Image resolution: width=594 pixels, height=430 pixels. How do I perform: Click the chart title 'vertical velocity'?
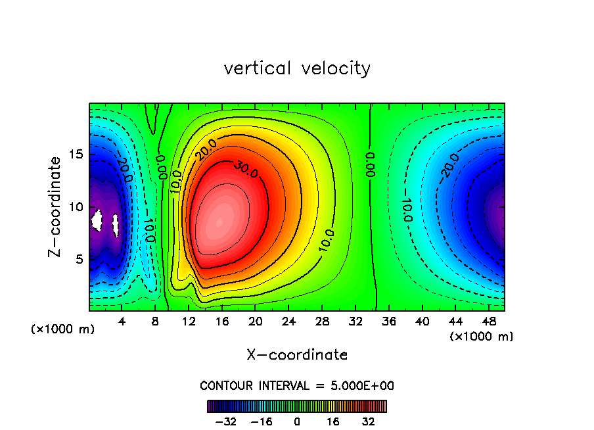click(x=297, y=68)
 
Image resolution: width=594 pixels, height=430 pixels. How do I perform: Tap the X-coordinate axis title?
click(x=297, y=355)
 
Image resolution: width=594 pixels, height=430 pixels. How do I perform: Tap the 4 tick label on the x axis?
click(x=122, y=322)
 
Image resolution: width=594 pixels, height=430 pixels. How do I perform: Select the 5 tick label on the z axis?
click(x=80, y=259)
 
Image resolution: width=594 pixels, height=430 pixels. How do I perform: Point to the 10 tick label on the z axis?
click(x=77, y=207)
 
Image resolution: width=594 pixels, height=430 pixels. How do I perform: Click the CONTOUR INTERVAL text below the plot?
click(x=297, y=385)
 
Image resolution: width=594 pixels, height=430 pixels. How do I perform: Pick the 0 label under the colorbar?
click(x=297, y=421)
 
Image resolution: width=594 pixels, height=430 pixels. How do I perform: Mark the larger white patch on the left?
click(x=98, y=219)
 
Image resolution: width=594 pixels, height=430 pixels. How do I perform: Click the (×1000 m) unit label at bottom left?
click(x=62, y=329)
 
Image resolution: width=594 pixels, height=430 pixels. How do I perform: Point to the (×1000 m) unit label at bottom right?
click(x=482, y=337)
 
